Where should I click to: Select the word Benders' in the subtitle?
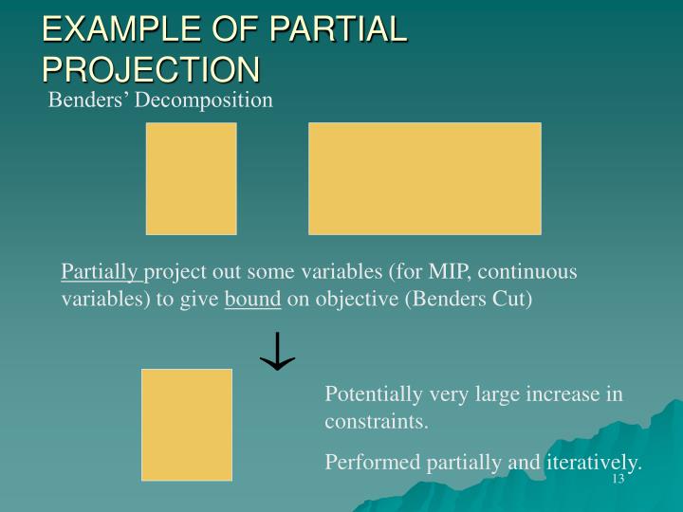(88, 100)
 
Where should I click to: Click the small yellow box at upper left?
(191, 178)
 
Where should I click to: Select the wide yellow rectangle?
(424, 178)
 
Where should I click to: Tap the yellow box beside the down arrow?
(186, 424)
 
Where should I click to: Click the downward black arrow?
(277, 351)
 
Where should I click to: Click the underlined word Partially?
(101, 272)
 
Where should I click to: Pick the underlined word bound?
(252, 300)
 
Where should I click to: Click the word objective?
(351, 300)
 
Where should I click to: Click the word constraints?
(376, 422)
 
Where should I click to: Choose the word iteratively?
(593, 462)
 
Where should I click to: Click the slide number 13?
(618, 479)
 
